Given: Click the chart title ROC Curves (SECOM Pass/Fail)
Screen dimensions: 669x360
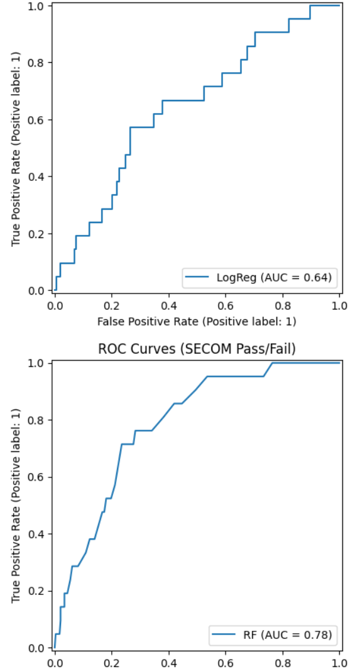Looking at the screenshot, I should click(x=197, y=349).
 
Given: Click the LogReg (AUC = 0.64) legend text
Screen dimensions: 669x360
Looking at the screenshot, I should click(x=273, y=276).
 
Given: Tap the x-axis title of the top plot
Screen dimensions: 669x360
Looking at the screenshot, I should click(x=197, y=321).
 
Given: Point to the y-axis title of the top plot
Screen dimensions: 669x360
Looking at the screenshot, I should click(x=17, y=148).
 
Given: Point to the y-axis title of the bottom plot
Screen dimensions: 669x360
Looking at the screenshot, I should click(x=17, y=506).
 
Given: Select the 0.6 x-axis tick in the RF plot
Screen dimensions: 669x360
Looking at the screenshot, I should click(x=226, y=662).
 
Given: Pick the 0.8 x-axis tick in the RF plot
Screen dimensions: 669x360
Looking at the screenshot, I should click(x=283, y=662).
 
